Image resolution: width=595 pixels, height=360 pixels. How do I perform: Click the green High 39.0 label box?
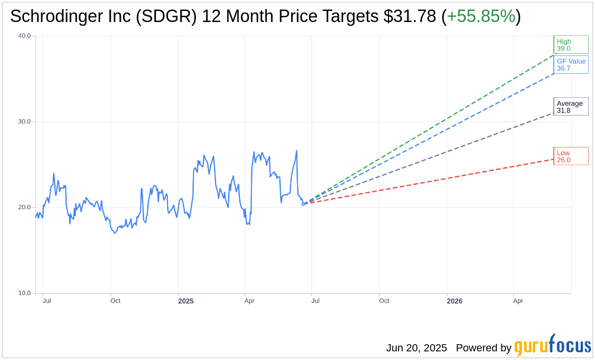pyautogui.click(x=571, y=45)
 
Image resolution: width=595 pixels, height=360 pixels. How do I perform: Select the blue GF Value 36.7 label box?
pyautogui.click(x=571, y=65)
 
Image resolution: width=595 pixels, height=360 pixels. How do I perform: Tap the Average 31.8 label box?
pyautogui.click(x=571, y=107)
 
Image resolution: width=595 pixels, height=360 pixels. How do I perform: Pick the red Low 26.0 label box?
pyautogui.click(x=571, y=156)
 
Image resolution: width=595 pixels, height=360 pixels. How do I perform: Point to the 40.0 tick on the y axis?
pyautogui.click(x=24, y=36)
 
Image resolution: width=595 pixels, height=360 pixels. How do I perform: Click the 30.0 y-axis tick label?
pyautogui.click(x=24, y=122)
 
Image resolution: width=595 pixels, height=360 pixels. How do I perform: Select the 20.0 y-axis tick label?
pyautogui.click(x=24, y=207)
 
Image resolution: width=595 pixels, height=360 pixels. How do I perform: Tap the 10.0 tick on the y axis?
pyautogui.click(x=24, y=293)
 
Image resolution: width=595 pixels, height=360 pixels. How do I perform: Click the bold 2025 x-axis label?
pyautogui.click(x=186, y=301)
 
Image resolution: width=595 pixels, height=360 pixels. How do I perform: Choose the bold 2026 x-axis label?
pyautogui.click(x=455, y=301)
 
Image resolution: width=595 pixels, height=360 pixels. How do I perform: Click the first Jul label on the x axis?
pyautogui.click(x=47, y=301)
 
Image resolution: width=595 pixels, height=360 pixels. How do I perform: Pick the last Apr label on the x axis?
pyautogui.click(x=518, y=301)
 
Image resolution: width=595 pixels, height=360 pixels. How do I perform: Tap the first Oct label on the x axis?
pyautogui.click(x=115, y=301)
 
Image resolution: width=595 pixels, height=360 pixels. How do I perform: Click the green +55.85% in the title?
pyautogui.click(x=481, y=16)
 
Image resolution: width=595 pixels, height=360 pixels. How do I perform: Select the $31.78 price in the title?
pyautogui.click(x=410, y=16)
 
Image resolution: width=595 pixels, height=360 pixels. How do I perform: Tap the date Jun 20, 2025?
pyautogui.click(x=416, y=348)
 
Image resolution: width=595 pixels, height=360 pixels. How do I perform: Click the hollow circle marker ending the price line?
pyautogui.click(x=303, y=204)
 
